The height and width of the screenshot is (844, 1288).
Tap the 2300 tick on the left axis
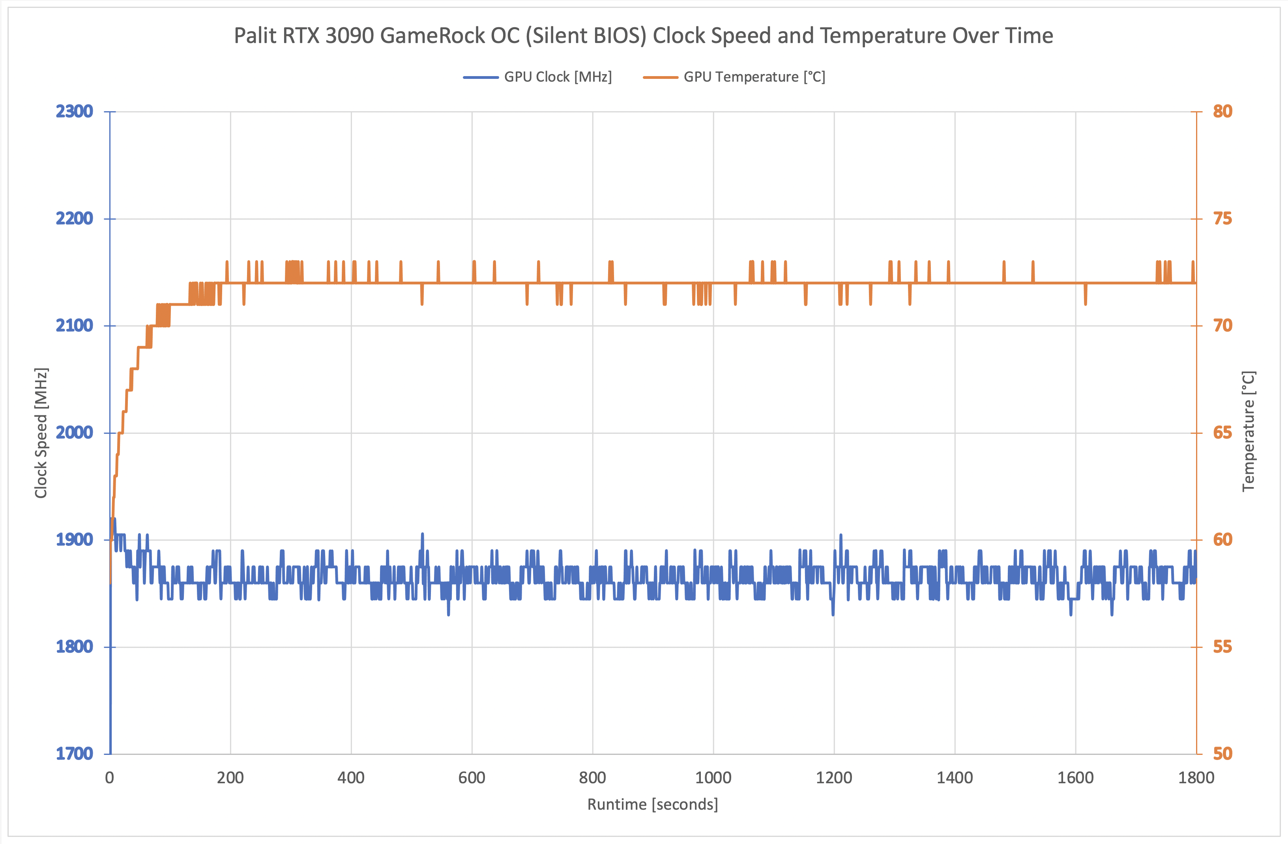[x=75, y=112]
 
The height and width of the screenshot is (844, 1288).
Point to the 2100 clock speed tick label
[x=75, y=326]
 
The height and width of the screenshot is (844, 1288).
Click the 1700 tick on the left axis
[x=75, y=754]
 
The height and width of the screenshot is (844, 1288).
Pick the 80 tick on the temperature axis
[x=1222, y=112]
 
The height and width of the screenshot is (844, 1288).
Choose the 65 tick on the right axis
[x=1222, y=433]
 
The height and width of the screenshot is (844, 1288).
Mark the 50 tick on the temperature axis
[x=1222, y=754]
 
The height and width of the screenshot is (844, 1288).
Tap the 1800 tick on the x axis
[x=1196, y=778]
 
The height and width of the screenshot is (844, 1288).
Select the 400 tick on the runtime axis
[x=351, y=778]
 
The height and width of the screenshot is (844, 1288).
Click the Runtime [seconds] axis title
[x=653, y=805]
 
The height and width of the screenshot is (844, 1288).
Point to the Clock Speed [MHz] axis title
[x=41, y=433]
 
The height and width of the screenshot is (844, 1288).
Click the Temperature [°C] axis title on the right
[x=1248, y=431]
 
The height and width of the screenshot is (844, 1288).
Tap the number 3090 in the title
[x=350, y=36]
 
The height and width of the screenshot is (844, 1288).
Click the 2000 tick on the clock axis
[x=75, y=433]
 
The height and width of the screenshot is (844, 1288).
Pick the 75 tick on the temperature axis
[x=1222, y=218]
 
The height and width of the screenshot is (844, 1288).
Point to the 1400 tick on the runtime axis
[x=955, y=778]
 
